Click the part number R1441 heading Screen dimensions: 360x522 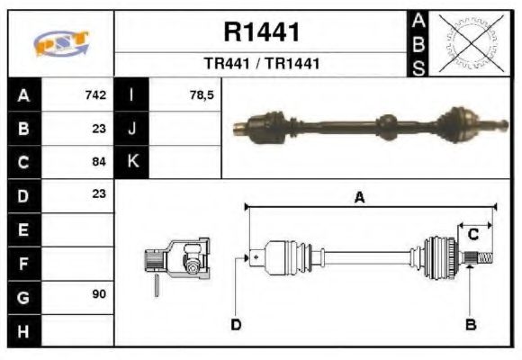(261, 32)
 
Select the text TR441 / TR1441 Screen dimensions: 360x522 (261, 64)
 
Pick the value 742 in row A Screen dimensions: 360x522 (95, 94)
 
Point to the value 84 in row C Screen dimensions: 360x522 (99, 162)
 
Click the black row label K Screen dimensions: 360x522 (132, 162)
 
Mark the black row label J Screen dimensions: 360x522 (132, 128)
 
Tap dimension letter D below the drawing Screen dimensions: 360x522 (236, 324)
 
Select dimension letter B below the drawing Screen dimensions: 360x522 (469, 324)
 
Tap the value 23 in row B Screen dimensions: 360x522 (99, 128)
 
